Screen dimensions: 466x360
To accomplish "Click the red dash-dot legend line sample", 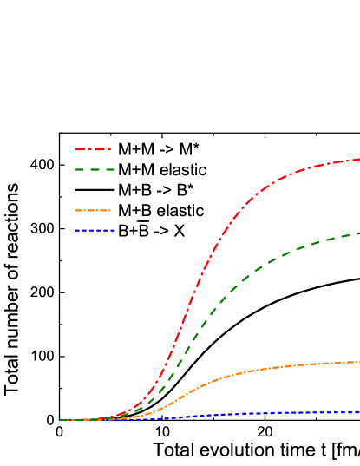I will pos(93,149).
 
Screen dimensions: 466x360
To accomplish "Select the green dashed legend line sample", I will pos(95,170).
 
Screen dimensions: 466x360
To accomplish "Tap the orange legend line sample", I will pos(93,210).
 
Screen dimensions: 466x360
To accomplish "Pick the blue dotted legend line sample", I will pos(94,231).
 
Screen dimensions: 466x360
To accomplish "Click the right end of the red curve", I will pos(358,159).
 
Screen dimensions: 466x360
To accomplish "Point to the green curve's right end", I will pos(358,233).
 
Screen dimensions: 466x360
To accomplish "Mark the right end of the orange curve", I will pos(358,362).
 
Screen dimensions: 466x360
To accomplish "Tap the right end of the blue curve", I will pos(358,412).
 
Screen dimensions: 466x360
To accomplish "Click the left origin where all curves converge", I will pos(62,420).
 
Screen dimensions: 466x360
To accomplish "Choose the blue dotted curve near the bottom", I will pos(260,414).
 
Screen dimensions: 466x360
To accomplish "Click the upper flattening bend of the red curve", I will pos(269,185).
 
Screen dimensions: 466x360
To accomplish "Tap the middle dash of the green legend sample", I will pos(95,170).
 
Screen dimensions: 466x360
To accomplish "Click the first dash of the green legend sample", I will pos(80,170).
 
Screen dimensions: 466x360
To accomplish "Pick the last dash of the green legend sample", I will pos(109,170).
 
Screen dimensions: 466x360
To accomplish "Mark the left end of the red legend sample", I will pos(76,149).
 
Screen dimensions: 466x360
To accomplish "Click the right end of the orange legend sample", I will pos(109,210).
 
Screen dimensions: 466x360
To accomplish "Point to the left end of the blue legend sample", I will pos(76,231).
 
